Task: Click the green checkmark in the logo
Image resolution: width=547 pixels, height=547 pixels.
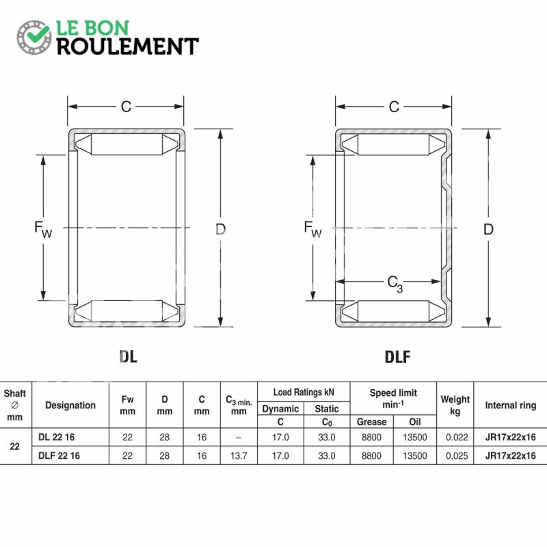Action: (x=38, y=34)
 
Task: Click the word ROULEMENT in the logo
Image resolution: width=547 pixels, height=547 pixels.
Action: (x=128, y=46)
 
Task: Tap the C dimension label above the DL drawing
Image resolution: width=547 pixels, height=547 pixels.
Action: (x=126, y=107)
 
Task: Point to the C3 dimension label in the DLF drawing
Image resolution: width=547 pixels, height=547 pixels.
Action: (x=395, y=284)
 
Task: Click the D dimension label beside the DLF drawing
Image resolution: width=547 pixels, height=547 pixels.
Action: (x=488, y=229)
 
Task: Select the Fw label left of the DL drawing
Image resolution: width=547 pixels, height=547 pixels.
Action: (x=43, y=229)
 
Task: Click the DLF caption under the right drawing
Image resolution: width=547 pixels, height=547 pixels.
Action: (x=397, y=356)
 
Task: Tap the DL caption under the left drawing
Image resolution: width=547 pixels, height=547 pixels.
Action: (x=128, y=356)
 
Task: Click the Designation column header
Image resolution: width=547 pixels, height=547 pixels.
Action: (x=70, y=405)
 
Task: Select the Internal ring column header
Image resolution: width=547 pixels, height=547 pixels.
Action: (x=510, y=405)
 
